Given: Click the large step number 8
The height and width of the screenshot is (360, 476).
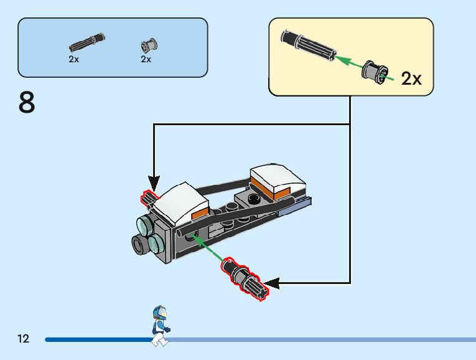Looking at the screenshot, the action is point(27,103).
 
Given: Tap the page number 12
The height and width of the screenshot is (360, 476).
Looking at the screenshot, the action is point(23,339).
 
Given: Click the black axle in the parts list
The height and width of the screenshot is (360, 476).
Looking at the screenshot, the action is point(86,43).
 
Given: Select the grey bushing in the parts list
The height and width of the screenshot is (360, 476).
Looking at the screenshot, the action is point(150,45).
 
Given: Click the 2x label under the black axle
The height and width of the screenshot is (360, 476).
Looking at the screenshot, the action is point(74,59).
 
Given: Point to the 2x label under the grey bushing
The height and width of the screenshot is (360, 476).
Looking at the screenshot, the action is point(146,59).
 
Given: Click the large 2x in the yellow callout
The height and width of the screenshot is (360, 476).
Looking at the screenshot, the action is point(411,78).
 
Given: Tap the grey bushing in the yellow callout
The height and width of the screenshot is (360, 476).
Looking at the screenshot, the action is point(376,73).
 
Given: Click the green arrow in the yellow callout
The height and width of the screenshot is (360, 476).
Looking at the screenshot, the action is point(350,64).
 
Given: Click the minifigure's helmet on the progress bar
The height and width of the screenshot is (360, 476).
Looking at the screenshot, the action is point(160,313).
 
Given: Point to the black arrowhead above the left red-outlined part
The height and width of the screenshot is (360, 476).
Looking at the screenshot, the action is point(154,183).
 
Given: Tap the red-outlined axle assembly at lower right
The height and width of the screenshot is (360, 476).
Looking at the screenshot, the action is point(245,278).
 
